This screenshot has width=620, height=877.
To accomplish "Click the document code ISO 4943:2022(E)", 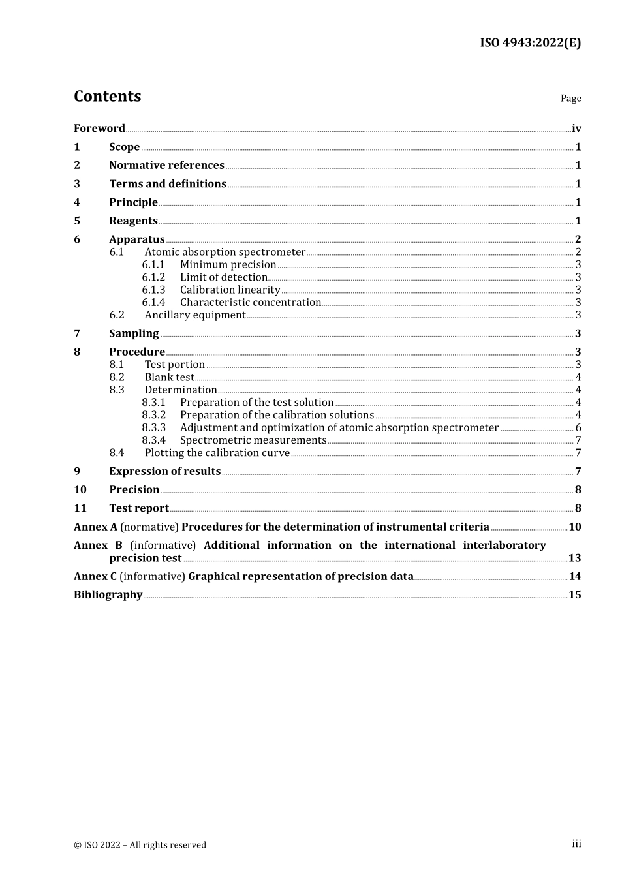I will (530, 43).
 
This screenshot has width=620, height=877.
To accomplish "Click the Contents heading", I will (107, 97).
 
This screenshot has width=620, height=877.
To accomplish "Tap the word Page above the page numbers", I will (570, 99).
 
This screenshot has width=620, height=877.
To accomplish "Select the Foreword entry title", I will (99, 129).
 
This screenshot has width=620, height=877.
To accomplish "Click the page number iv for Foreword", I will (576, 129).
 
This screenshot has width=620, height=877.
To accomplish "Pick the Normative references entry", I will (166, 166).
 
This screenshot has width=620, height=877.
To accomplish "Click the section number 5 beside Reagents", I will (77, 221).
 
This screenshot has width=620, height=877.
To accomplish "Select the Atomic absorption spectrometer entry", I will (225, 253).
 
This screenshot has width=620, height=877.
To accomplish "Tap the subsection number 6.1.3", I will (153, 290).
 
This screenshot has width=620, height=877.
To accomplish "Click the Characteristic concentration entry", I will (251, 303).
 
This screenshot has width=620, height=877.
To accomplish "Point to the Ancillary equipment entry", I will (195, 315).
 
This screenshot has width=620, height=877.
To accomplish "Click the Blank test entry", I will (169, 378).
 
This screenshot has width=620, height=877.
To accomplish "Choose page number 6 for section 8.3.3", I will (578, 428).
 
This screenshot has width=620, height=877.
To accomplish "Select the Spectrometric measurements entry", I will (253, 440).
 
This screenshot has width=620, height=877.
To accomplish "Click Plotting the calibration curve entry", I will (217, 453).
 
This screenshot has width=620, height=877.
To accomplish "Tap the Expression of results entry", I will (164, 472).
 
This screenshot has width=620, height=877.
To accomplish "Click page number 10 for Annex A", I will (574, 527).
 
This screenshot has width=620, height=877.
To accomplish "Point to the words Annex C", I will (95, 577).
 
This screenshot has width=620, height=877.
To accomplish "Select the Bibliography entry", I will (108, 595).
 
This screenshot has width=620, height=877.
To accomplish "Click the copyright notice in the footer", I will (140, 845).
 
